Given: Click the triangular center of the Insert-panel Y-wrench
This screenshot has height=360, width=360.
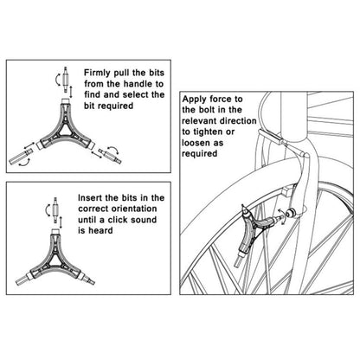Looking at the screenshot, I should click(59, 261).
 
